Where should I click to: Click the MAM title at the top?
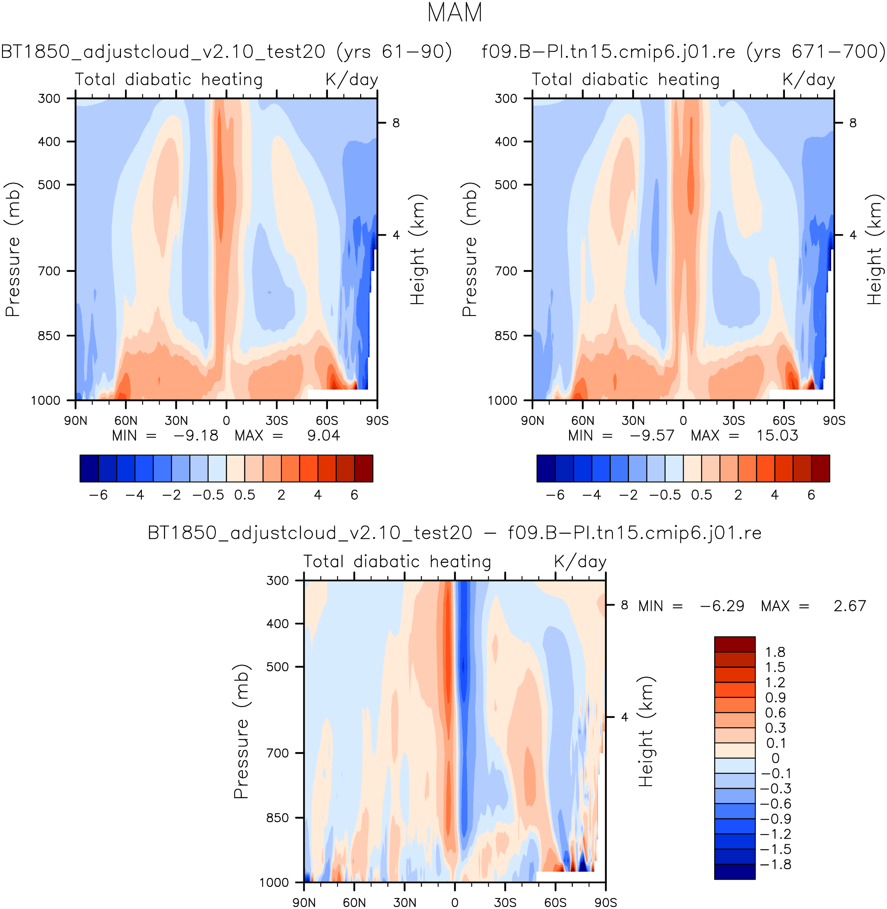click(x=454, y=13)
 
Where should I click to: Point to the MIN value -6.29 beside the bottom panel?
click(x=722, y=606)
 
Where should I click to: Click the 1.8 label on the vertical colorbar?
click(x=775, y=652)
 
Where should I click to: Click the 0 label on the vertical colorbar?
click(x=775, y=759)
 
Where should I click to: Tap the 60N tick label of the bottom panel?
click(x=354, y=903)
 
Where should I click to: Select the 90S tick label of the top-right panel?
click(x=834, y=421)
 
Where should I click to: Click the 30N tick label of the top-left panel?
click(x=176, y=421)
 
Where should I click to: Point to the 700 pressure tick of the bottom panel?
click(x=278, y=753)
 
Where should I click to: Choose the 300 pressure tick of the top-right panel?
click(x=506, y=99)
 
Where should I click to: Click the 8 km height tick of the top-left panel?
click(x=396, y=123)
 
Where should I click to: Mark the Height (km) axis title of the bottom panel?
click(x=646, y=731)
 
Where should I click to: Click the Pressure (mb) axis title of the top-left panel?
click(x=13, y=249)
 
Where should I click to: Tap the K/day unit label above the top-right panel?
click(x=808, y=80)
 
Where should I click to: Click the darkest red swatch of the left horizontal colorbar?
click(x=363, y=468)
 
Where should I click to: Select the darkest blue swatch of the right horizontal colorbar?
click(x=546, y=468)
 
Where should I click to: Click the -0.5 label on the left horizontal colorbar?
click(x=208, y=495)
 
